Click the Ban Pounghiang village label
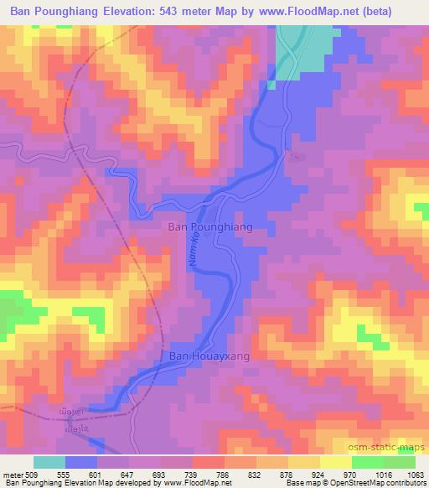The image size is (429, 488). point(210,227)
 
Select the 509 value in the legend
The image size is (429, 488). point(34,474)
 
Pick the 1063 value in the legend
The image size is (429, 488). point(415,474)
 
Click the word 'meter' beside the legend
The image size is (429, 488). point(12,474)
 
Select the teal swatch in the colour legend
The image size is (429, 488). point(49,462)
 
